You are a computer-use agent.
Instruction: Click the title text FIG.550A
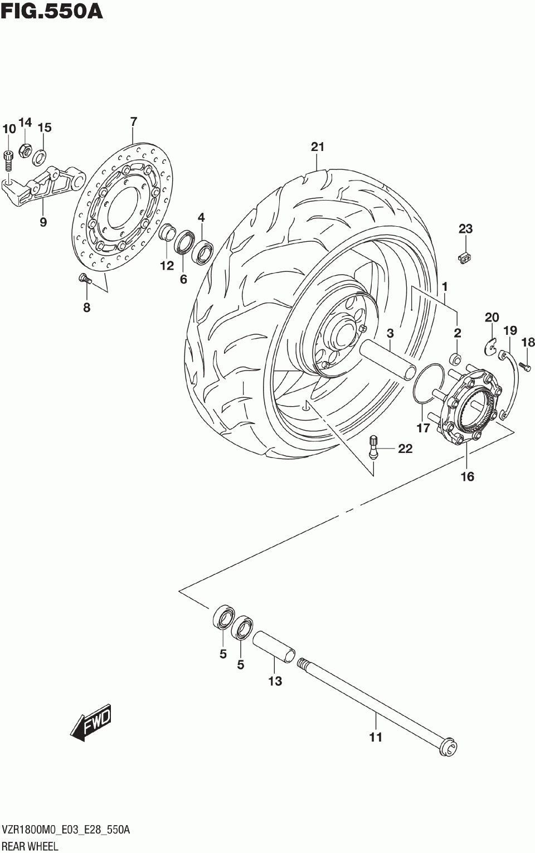click(52, 12)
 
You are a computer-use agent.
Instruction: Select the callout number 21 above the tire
click(317, 147)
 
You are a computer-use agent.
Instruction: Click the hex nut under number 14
click(25, 149)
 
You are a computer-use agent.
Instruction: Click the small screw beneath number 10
click(8, 160)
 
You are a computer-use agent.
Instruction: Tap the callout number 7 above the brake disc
click(133, 121)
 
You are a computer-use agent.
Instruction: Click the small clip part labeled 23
click(466, 258)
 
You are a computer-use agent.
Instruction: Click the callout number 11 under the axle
click(376, 737)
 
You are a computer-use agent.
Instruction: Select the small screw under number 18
click(526, 365)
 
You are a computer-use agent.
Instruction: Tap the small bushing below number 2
click(456, 358)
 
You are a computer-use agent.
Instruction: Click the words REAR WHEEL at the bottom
click(30, 846)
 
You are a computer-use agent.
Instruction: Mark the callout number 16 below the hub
click(467, 476)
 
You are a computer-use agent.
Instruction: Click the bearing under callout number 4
click(202, 252)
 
